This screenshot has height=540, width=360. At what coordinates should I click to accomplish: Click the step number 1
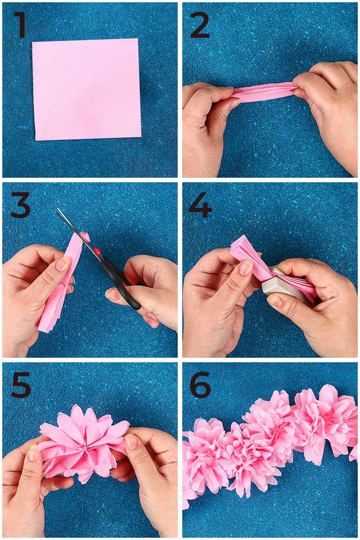click(x=20, y=25)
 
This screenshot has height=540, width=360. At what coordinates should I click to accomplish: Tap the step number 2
click(x=200, y=25)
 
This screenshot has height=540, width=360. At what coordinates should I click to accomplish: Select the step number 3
click(x=20, y=205)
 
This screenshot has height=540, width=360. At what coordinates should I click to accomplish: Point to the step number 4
click(x=200, y=205)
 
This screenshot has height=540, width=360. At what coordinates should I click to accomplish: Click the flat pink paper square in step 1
click(x=86, y=89)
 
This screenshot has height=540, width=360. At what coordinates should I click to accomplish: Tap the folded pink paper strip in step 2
click(x=263, y=93)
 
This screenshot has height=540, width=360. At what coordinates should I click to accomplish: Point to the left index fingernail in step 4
click(x=246, y=267)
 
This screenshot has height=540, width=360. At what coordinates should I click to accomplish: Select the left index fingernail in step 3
click(x=63, y=264)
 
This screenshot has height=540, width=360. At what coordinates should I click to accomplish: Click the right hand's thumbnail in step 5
click(x=132, y=441)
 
